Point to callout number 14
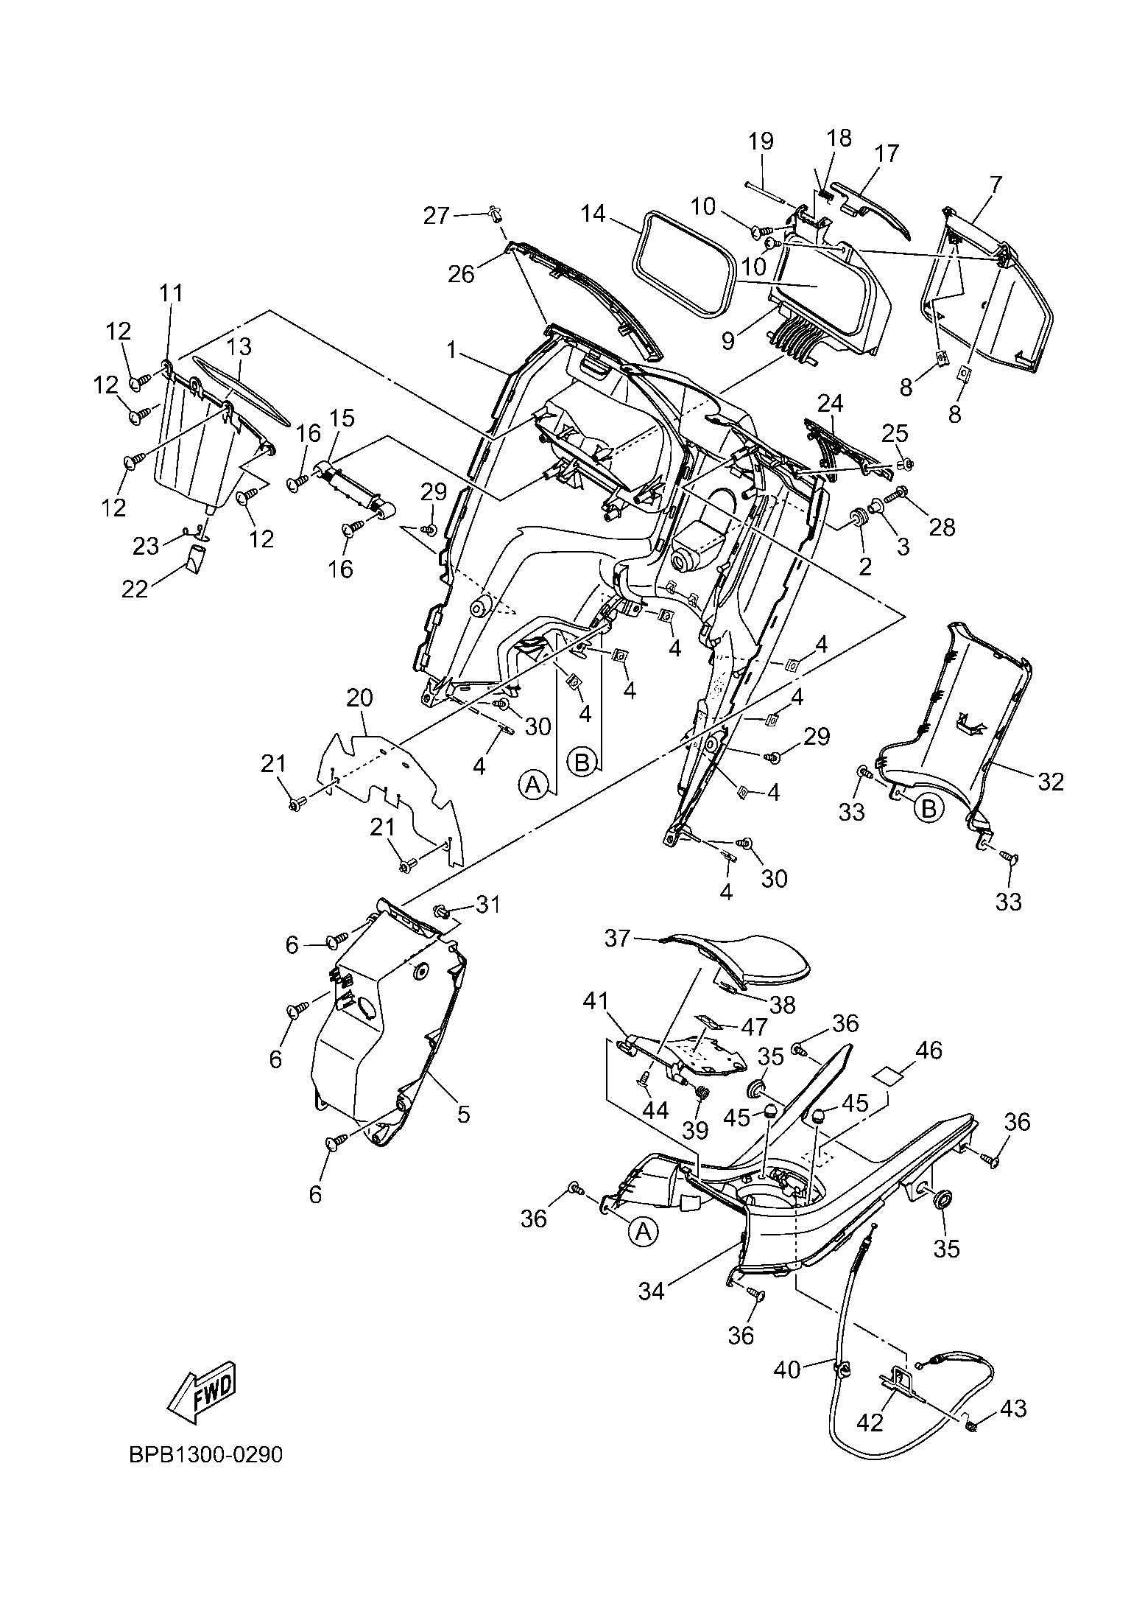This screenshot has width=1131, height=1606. [x=592, y=214]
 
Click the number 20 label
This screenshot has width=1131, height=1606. [x=359, y=698]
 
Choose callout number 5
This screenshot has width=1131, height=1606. [x=463, y=1115]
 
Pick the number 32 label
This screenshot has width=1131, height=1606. [x=1050, y=781]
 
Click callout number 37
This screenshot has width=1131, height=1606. [x=619, y=939]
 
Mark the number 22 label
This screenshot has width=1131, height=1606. [x=135, y=589]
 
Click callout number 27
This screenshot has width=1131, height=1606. [x=437, y=216]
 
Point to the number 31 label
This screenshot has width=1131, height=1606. [x=487, y=904]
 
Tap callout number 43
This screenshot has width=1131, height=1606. [x=1014, y=1409]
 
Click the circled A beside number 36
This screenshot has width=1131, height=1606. [x=644, y=1231]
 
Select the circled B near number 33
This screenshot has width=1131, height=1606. [x=929, y=809]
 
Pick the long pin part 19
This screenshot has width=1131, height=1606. [x=770, y=194]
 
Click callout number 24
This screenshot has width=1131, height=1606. [x=831, y=404]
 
